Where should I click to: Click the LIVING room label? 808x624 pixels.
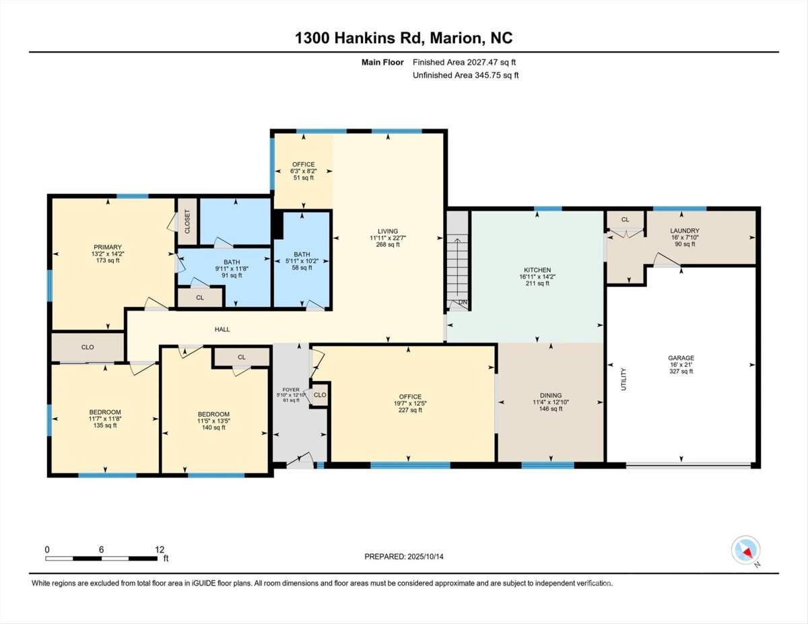click(388, 231)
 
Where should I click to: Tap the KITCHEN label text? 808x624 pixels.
click(537, 270)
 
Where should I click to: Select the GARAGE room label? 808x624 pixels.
click(681, 358)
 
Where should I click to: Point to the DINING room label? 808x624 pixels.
click(551, 395)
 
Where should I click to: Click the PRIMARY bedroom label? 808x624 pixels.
click(108, 247)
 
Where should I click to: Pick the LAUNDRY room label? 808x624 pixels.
click(685, 230)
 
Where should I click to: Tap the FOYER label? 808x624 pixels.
click(291, 390)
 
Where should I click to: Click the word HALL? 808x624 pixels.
click(222, 329)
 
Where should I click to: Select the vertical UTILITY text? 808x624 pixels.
click(624, 379)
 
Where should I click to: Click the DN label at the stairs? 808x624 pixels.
click(463, 302)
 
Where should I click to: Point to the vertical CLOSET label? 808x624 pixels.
click(187, 221)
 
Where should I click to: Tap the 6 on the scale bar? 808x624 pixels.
click(101, 549)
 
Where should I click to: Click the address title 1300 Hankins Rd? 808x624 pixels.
click(360, 38)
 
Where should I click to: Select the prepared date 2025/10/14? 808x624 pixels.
click(426, 557)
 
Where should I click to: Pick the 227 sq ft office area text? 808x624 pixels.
click(410, 410)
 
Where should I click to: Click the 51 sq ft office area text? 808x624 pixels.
click(304, 178)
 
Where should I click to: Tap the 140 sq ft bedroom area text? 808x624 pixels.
click(213, 427)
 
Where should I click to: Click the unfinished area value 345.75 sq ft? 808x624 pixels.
click(497, 75)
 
